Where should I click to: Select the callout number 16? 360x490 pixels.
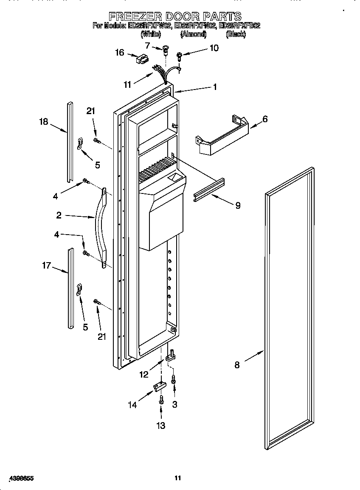[120, 53]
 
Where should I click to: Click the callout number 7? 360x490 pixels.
[147, 45]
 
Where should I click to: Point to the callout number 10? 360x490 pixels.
[214, 48]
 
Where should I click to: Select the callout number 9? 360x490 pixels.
[238, 206]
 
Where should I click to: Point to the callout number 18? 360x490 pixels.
[44, 122]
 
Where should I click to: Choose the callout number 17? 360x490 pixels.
[46, 266]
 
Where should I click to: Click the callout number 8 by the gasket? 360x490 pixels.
[237, 364]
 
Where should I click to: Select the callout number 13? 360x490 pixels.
[161, 426]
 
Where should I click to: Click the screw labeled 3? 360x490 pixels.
[173, 380]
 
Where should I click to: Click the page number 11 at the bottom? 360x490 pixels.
[178, 478]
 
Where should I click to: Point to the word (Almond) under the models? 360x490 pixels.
[193, 34]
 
